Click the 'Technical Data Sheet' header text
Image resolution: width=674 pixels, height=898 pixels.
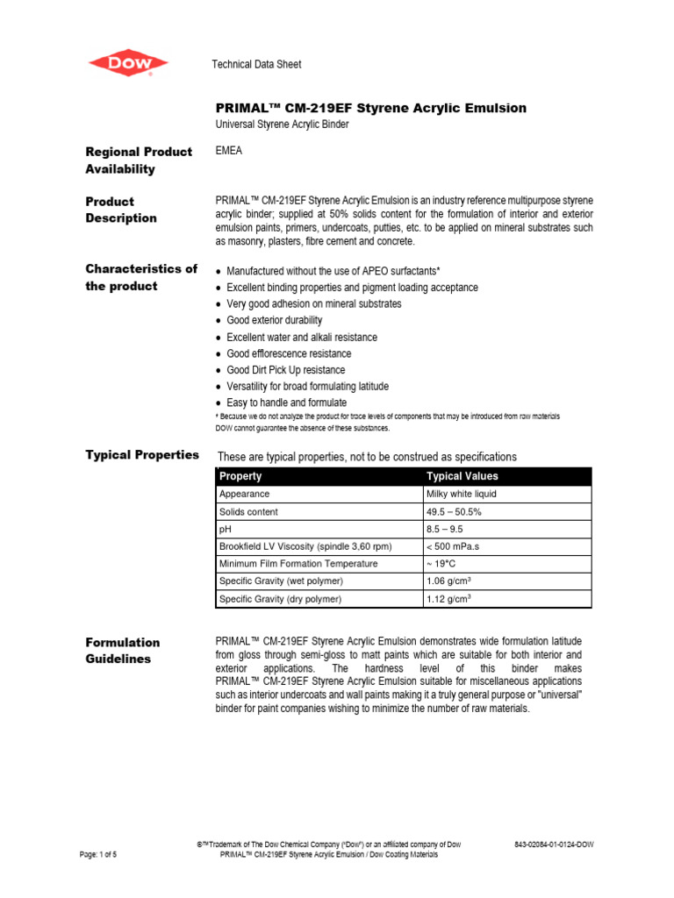[x=256, y=64]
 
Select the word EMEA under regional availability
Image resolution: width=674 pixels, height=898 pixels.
[x=229, y=151]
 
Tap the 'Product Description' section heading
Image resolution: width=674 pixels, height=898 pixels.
[x=121, y=210]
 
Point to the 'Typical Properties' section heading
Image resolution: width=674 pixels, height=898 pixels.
[x=141, y=454]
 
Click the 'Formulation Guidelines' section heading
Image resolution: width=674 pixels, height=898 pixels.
[x=123, y=651]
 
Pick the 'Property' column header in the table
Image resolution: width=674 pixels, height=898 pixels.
[x=240, y=476]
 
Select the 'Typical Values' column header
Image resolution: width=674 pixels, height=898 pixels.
[x=462, y=476]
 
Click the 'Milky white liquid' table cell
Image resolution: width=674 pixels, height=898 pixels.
[x=462, y=495]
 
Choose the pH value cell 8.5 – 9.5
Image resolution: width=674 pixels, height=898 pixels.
[x=446, y=530]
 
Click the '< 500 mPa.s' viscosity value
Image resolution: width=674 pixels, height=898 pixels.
[x=455, y=546]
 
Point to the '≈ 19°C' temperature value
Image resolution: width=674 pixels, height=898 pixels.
[x=441, y=564]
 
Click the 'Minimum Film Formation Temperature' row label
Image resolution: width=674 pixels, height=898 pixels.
[x=298, y=564]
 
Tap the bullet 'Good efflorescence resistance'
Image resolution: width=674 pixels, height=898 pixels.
[x=289, y=353]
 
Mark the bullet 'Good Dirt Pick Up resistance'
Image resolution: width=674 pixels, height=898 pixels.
[x=285, y=370]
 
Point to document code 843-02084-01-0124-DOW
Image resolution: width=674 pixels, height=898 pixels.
[x=554, y=845]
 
